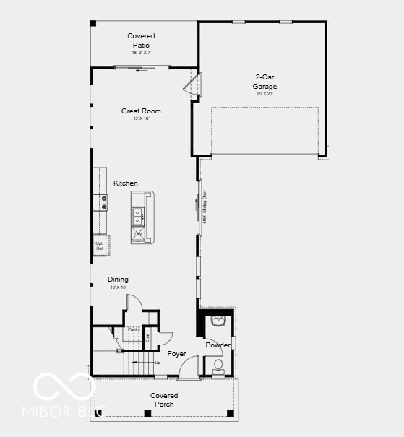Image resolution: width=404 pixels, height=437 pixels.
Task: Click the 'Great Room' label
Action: [x=141, y=111]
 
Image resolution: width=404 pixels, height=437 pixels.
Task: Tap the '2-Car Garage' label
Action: [x=265, y=82]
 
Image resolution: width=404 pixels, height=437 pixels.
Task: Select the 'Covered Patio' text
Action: [x=141, y=40]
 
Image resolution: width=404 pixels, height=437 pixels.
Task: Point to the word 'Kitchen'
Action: [x=125, y=183]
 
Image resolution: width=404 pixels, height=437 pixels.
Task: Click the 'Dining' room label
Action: [x=118, y=280]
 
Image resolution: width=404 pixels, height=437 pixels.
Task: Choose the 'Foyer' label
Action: [x=176, y=354]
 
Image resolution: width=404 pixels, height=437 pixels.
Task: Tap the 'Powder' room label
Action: [x=218, y=345]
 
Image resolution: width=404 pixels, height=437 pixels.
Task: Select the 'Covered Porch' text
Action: [x=164, y=399]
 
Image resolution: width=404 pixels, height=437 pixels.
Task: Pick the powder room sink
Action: [x=219, y=320]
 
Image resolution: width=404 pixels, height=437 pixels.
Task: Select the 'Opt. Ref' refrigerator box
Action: [x=100, y=246]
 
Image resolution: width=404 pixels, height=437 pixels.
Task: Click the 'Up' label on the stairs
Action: [x=157, y=363]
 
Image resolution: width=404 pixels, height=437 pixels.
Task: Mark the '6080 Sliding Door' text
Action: [x=205, y=204]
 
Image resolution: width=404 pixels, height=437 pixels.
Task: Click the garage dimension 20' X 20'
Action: [x=265, y=94]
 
